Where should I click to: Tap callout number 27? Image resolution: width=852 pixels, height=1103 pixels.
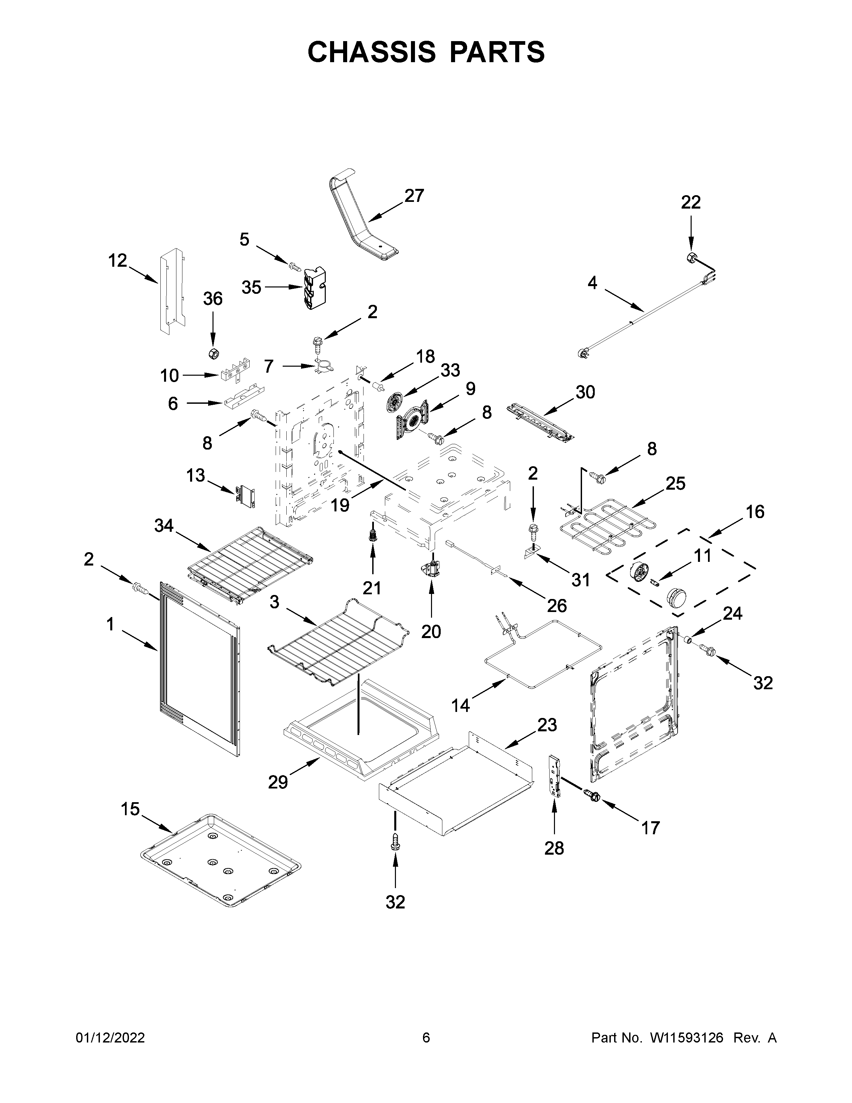tap(414, 196)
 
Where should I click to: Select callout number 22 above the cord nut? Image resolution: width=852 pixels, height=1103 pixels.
tap(691, 203)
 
